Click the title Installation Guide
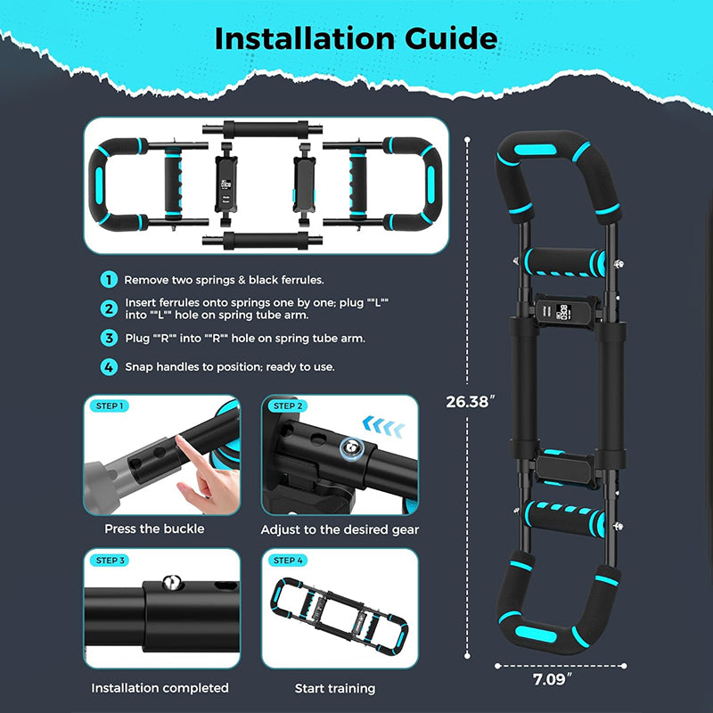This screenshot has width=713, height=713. tap(356, 38)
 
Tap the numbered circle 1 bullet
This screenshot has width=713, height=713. tap(109, 280)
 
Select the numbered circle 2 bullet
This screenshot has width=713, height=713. tap(109, 309)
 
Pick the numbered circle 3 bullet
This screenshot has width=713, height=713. tap(109, 338)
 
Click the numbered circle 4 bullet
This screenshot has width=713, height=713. tap(109, 366)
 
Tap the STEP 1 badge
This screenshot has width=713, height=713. tap(110, 406)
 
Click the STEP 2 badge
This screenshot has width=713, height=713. tap(287, 406)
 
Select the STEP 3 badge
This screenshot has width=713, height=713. tap(110, 560)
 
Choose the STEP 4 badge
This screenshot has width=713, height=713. tap(287, 560)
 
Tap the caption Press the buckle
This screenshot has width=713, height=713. tap(154, 529)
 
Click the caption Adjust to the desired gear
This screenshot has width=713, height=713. tap(340, 529)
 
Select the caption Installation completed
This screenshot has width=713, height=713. tap(160, 688)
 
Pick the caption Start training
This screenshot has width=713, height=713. tap(335, 688)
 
